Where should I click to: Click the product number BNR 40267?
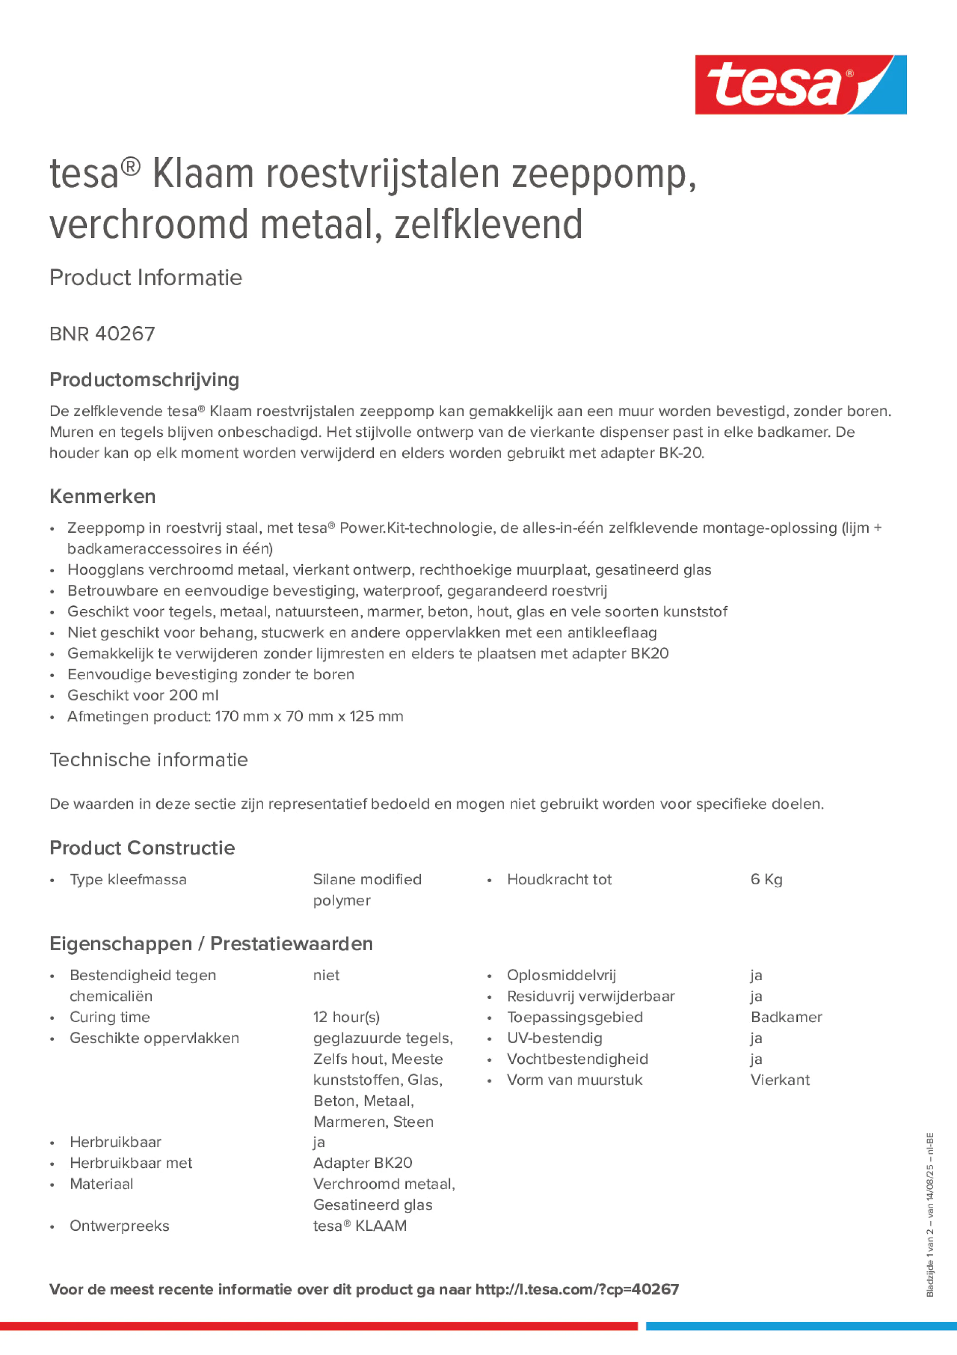click(102, 334)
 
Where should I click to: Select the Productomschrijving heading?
click(144, 379)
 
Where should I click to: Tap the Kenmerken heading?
click(102, 496)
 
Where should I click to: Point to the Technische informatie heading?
click(148, 759)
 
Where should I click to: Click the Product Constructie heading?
click(142, 848)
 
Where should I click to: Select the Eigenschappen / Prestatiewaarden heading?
click(210, 944)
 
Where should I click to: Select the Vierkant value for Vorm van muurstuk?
click(779, 1080)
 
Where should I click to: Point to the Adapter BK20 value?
click(362, 1163)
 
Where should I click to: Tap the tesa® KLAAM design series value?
click(359, 1226)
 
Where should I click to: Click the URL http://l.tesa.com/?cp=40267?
click(577, 1290)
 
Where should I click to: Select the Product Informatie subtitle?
click(146, 277)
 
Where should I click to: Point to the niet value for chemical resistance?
click(326, 975)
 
